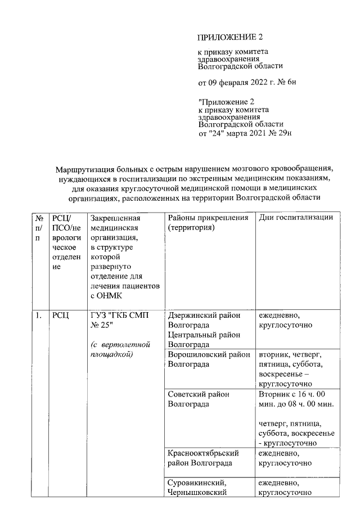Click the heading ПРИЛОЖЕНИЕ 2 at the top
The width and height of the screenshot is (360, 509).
click(230, 38)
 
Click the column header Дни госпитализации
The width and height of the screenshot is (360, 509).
click(296, 218)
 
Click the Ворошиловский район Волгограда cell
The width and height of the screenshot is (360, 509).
click(209, 358)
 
